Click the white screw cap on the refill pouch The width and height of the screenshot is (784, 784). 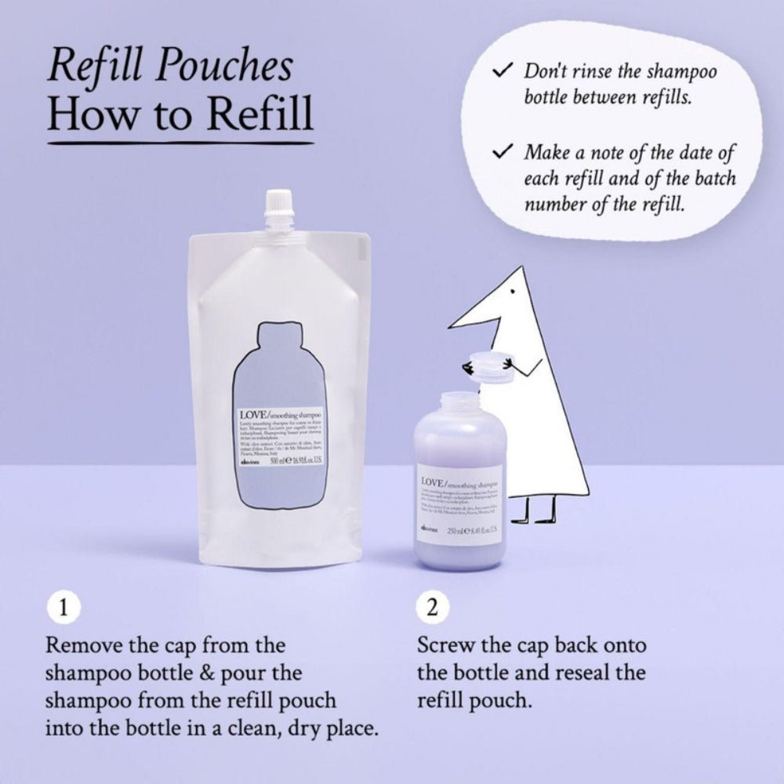point(278,207)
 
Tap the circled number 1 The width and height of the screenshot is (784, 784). point(64,607)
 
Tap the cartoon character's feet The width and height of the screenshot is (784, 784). point(536,517)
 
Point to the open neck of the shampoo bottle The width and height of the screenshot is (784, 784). point(459,399)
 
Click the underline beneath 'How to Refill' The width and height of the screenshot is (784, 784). point(180,143)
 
